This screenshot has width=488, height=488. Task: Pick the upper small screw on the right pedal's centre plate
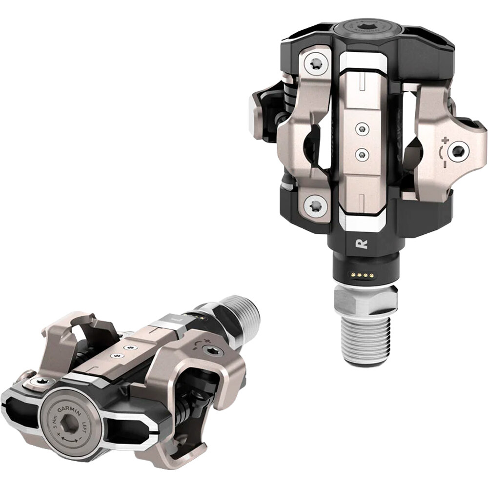pos(361,129)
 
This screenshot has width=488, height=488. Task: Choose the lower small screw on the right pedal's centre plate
pos(362,155)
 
